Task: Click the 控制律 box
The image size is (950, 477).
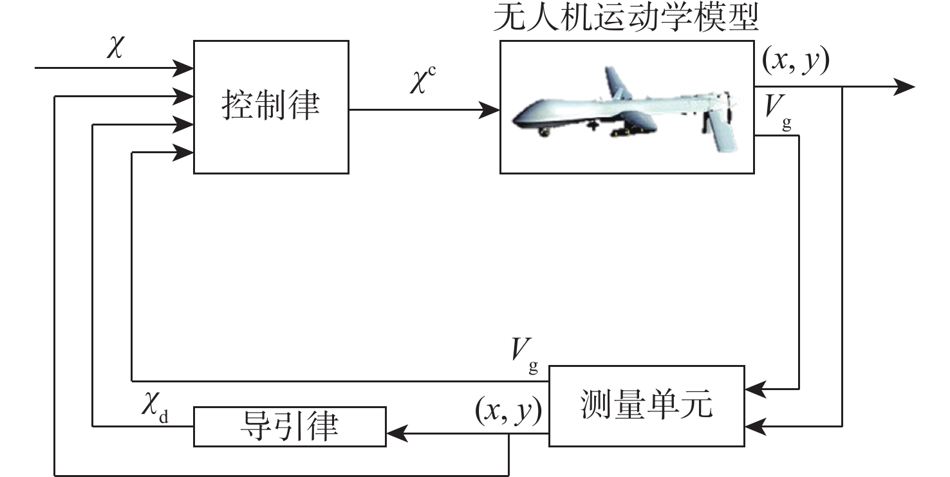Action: point(271,106)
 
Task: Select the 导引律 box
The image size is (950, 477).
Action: point(290,426)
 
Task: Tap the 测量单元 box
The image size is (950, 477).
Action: point(646,406)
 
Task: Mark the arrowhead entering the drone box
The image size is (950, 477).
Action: point(492,109)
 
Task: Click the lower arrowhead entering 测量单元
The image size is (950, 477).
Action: point(753,426)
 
